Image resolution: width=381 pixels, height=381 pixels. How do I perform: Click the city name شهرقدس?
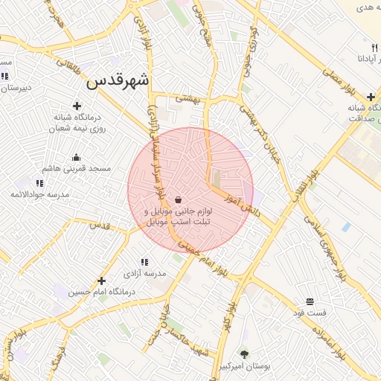pos(118,80)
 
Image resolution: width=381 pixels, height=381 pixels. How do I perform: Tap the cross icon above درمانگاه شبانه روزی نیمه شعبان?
pos(77,106)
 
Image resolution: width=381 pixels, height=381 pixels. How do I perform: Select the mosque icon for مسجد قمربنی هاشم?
pos(76,157)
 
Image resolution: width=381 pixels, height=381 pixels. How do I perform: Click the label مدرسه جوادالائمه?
pos(39,194)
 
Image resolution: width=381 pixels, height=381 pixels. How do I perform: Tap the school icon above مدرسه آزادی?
pos(144,262)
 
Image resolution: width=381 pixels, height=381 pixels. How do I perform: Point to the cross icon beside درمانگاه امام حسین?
pos(101,281)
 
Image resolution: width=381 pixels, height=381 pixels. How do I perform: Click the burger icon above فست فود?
pos(309,301)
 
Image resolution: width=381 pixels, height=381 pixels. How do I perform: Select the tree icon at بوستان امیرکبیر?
pos(244,354)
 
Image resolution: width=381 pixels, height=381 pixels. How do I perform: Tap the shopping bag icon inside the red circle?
pos(178,200)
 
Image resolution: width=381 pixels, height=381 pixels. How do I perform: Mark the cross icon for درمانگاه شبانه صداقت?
pos(371,97)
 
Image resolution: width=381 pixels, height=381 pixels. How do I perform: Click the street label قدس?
pos(99,225)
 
